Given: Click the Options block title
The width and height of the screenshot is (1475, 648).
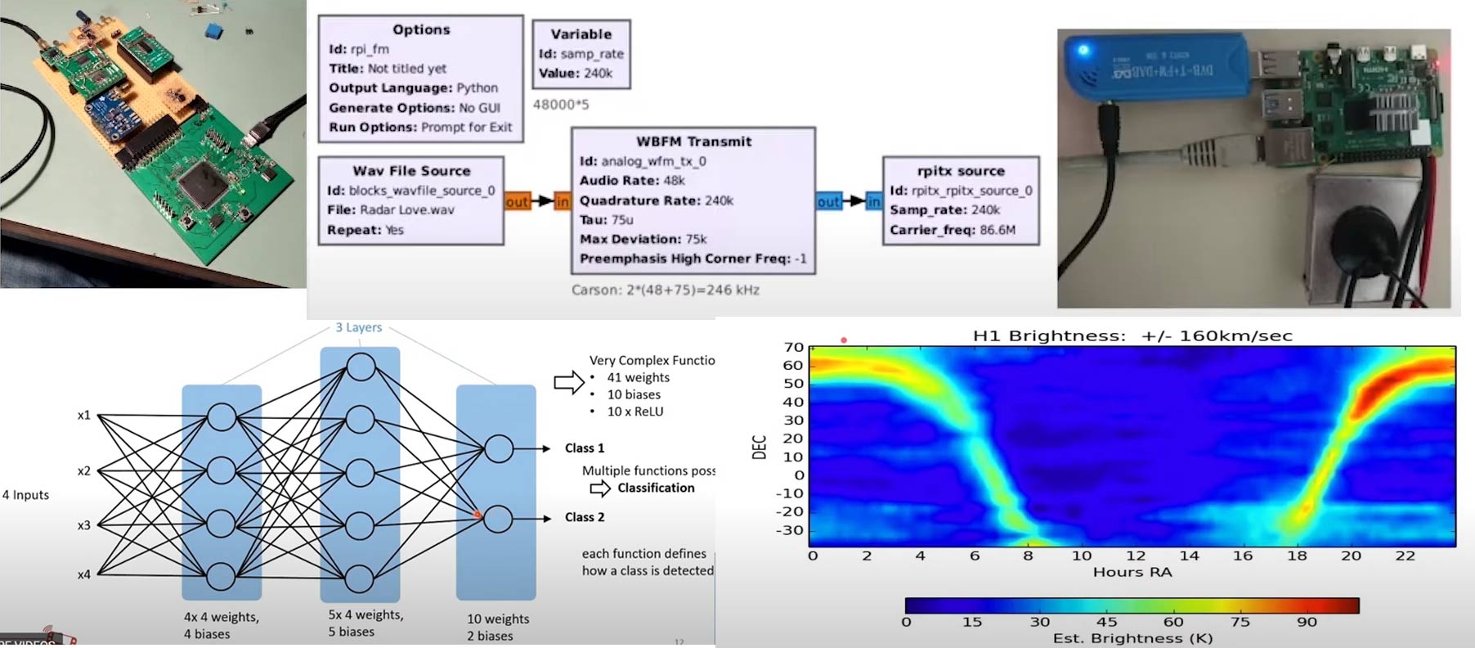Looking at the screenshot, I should click(421, 29).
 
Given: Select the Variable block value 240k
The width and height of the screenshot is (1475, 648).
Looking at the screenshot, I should click(598, 73).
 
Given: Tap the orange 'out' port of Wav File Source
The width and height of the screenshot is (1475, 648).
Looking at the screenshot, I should click(517, 201).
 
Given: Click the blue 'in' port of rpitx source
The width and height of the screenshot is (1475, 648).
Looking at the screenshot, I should click(873, 201).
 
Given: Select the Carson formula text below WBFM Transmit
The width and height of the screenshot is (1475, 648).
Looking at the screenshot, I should click(665, 290).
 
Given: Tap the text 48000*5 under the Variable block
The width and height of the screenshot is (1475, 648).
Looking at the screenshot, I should click(561, 105).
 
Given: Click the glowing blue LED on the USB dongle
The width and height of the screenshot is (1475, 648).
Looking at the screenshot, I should click(1083, 51).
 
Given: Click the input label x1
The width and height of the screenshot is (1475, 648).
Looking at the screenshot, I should click(83, 416).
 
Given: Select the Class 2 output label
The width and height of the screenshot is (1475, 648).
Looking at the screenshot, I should click(585, 517).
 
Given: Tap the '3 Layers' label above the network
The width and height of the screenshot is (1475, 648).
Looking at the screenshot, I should click(358, 327).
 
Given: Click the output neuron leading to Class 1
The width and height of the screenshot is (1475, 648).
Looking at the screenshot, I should click(499, 448).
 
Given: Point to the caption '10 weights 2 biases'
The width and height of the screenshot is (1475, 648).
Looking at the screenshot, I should click(497, 627).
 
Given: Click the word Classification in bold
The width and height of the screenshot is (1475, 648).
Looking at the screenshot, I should click(656, 488).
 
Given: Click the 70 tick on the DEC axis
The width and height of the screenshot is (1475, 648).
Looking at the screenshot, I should click(793, 347).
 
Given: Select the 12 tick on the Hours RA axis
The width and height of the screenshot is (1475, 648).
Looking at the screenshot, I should click(1135, 556).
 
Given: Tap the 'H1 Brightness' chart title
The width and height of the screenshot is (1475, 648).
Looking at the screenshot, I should click(1132, 335).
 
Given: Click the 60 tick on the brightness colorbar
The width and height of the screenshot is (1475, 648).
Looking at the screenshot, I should click(1172, 622).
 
